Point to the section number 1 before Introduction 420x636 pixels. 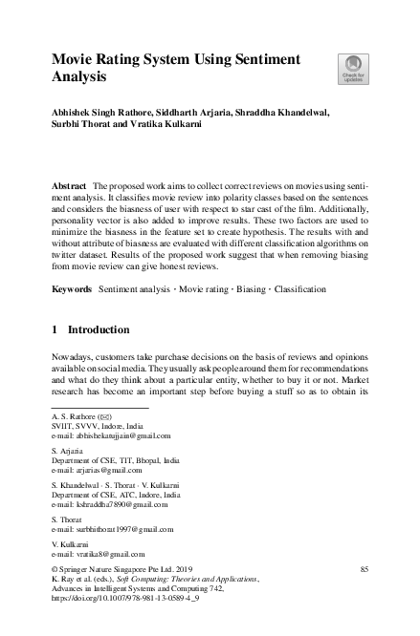pos(55,329)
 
